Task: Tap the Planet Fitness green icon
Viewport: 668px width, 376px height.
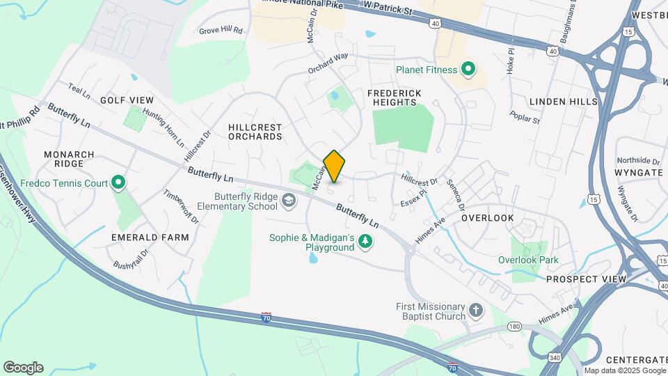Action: click(x=468, y=69)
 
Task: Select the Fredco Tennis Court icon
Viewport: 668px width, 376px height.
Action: click(x=118, y=184)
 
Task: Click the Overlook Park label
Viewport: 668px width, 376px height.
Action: click(x=528, y=260)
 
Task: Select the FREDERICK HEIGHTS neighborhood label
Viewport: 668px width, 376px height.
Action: click(x=395, y=97)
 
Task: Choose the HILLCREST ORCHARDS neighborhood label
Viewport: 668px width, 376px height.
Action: click(x=255, y=132)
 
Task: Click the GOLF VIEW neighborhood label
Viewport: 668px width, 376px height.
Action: click(x=127, y=100)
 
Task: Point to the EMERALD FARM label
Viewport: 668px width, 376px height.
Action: click(x=150, y=237)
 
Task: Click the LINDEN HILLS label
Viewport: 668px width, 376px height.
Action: click(x=563, y=102)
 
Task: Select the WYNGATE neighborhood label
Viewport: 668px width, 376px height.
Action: click(x=639, y=171)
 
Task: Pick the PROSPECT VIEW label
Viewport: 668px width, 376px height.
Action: click(x=586, y=279)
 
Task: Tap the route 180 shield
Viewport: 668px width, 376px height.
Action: click(x=514, y=326)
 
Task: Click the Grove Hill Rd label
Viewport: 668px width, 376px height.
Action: click(x=221, y=31)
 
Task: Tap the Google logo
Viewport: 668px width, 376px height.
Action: click(x=23, y=368)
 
